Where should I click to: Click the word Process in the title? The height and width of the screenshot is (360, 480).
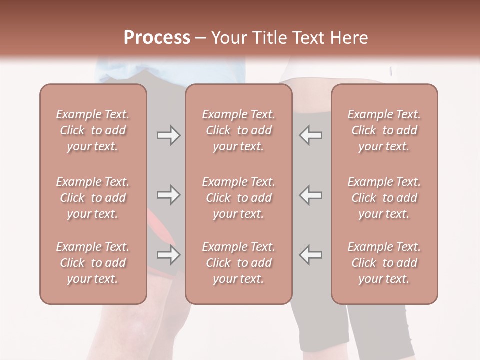pyautogui.click(x=157, y=38)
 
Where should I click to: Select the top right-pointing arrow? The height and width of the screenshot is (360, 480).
pyautogui.click(x=168, y=135)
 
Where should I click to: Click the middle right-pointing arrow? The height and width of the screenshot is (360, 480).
pyautogui.click(x=168, y=195)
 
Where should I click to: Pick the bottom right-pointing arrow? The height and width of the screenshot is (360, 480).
pyautogui.click(x=168, y=255)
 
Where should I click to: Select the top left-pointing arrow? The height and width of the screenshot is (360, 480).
pyautogui.click(x=311, y=135)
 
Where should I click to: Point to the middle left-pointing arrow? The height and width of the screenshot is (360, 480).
pyautogui.click(x=311, y=195)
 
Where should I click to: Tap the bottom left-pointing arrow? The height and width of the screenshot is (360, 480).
pyautogui.click(x=311, y=255)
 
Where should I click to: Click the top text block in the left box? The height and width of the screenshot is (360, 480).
pyautogui.click(x=93, y=130)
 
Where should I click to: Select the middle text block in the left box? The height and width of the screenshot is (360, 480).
pyautogui.click(x=93, y=198)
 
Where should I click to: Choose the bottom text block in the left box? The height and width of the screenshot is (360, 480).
pyautogui.click(x=93, y=263)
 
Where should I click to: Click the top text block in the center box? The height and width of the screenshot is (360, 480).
pyautogui.click(x=238, y=130)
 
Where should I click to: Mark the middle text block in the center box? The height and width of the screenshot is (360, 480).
pyautogui.click(x=238, y=198)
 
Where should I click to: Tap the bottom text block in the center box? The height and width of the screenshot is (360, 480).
pyautogui.click(x=238, y=263)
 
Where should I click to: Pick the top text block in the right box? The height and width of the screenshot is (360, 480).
pyautogui.click(x=384, y=130)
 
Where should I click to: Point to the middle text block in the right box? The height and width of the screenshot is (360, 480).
pyautogui.click(x=384, y=198)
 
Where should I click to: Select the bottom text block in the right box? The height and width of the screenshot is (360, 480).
pyautogui.click(x=384, y=263)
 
